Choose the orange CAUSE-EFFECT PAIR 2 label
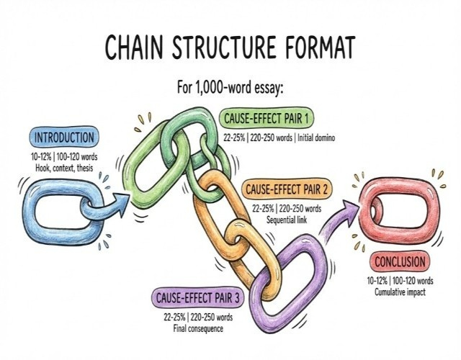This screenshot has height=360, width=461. (x=287, y=190)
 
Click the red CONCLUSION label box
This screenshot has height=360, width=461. (x=399, y=261)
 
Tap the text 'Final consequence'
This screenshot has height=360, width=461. (x=195, y=328)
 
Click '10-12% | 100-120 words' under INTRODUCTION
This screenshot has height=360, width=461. (x=64, y=156)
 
